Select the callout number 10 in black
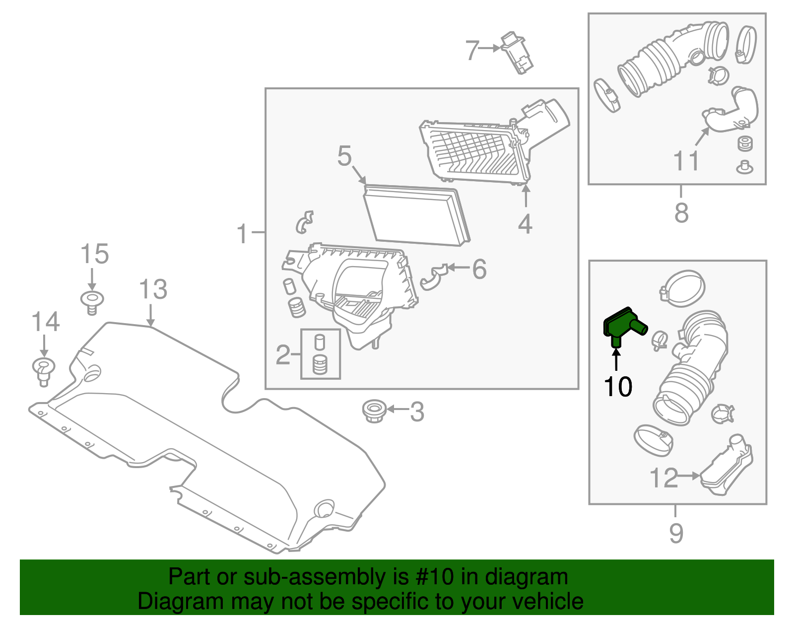pyautogui.click(x=618, y=387)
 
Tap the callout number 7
pyautogui.click(x=472, y=50)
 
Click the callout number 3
pyautogui.click(x=417, y=412)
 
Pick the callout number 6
pyautogui.click(x=479, y=270)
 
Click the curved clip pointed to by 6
pyautogui.click(x=433, y=277)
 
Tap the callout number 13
pyautogui.click(x=153, y=289)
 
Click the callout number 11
pyautogui.click(x=686, y=161)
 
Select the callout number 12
pyautogui.click(x=663, y=478)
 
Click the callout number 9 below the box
pyautogui.click(x=676, y=533)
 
